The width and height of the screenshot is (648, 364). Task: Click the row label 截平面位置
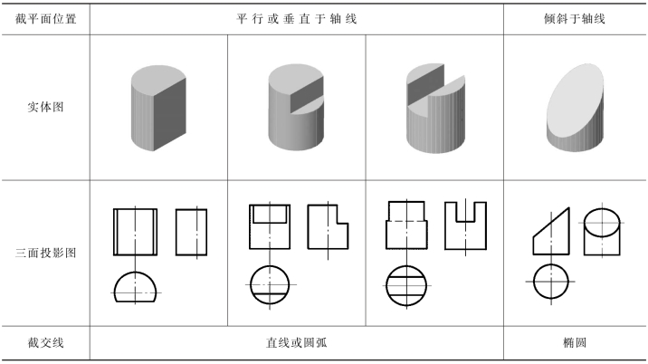pyautogui.click(x=45, y=18)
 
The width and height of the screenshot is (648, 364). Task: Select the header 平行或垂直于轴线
pyautogui.click(x=297, y=18)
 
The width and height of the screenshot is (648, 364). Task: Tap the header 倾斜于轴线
pyautogui.click(x=576, y=18)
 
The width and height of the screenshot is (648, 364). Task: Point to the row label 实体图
pyautogui.click(x=45, y=108)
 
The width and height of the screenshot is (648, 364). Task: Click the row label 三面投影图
pyautogui.click(x=45, y=253)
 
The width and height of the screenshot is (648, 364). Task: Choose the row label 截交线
pyautogui.click(x=45, y=344)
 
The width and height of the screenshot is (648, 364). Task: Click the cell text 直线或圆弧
pyautogui.click(x=297, y=344)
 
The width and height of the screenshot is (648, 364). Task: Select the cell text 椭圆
pyautogui.click(x=576, y=344)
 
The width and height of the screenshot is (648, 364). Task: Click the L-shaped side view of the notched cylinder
pyautogui.click(x=329, y=226)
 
